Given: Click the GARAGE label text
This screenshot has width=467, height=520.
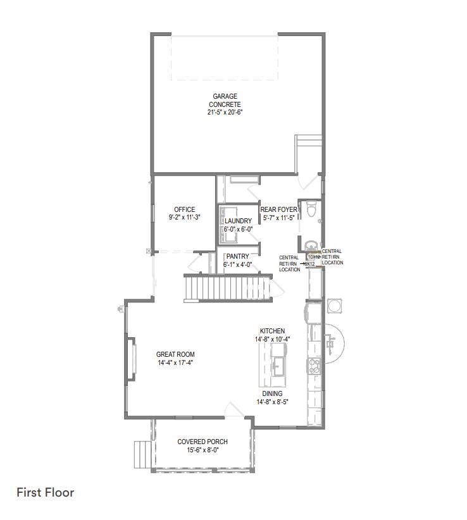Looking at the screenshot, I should click(225, 97).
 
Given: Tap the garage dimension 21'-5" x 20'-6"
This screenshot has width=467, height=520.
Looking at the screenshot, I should click(225, 112).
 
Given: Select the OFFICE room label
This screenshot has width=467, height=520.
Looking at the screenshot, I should click(184, 209).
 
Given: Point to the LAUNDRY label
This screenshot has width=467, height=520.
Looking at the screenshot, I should click(238, 221).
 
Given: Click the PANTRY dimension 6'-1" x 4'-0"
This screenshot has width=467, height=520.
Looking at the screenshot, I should click(237, 264).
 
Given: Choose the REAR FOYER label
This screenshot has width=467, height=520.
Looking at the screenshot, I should click(279, 209).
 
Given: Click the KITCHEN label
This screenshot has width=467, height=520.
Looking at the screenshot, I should click(272, 331).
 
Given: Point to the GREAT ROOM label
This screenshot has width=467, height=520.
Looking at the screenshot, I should click(175, 355).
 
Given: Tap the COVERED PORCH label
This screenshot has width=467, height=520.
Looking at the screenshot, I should click(202, 442).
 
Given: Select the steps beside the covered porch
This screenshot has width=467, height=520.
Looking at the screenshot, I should click(142, 454).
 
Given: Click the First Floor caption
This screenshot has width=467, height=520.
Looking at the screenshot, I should click(46, 492).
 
